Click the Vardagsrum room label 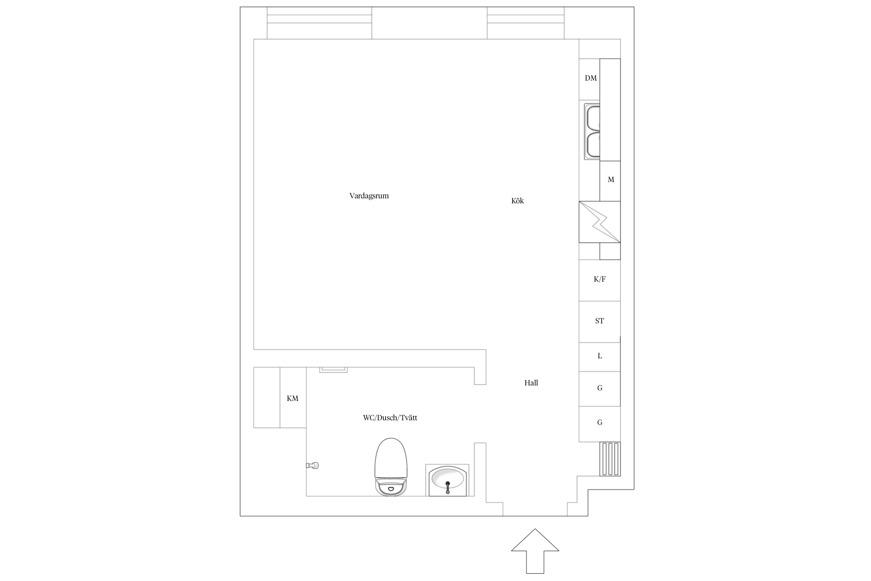pos(369,196)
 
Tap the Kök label pos(518,201)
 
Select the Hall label pos(531,383)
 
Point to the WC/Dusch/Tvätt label pos(390,418)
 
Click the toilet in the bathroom pos(391,467)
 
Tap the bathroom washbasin pos(448,480)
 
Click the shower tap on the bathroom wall pos(312,465)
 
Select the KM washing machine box pos(293,398)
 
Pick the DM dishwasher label pos(591,78)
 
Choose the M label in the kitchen pos(611,180)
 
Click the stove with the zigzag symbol pos(600,222)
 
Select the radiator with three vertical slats pos(610,459)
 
